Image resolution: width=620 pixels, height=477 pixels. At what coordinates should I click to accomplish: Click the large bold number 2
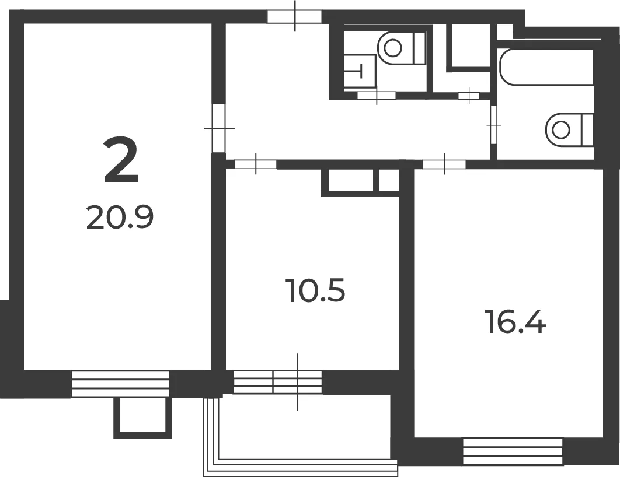click(121, 160)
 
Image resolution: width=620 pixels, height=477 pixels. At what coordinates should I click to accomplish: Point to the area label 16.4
click(517, 322)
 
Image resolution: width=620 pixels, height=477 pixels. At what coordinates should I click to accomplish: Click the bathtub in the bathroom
click(547, 67)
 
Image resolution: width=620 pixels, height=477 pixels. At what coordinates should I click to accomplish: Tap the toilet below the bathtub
click(569, 129)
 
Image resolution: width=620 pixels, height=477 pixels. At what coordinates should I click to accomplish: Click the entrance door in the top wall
click(295, 16)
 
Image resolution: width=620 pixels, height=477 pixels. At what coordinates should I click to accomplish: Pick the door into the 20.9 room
click(218, 128)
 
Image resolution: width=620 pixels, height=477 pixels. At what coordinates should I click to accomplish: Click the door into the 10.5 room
click(256, 164)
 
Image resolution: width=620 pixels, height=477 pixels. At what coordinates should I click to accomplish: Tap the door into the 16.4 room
click(444, 164)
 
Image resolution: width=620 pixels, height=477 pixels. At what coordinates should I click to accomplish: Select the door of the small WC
click(377, 95)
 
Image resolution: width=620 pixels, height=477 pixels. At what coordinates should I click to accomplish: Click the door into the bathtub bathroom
click(493, 125)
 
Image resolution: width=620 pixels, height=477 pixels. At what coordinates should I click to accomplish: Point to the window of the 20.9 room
click(120, 384)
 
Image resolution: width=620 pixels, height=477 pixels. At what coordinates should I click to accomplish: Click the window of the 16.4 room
click(513, 451)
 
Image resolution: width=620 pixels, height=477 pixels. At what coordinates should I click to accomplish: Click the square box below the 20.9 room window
click(143, 418)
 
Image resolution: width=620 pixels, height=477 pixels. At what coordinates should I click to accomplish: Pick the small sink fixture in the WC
click(359, 72)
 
